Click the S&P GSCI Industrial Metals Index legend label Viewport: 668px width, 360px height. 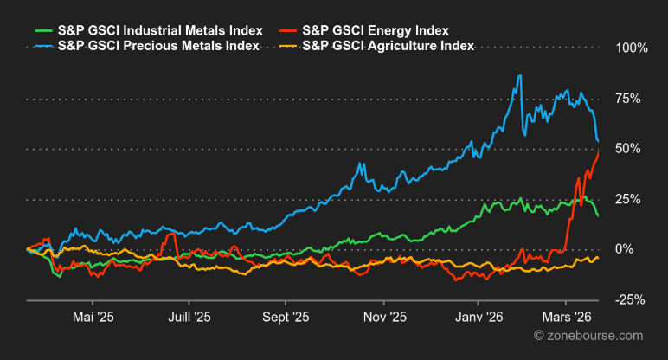(160, 31)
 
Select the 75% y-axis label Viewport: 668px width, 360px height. (633, 99)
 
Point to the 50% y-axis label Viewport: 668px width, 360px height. (633, 149)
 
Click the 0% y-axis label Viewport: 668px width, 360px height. (637, 249)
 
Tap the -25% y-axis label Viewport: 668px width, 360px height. (632, 299)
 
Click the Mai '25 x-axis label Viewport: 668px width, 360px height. (94, 317)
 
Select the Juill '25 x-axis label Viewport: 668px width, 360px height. (189, 317)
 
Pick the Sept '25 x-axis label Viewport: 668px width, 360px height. (286, 317)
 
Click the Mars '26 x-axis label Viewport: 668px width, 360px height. (565, 317)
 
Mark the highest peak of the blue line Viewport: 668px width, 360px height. (520, 76)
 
